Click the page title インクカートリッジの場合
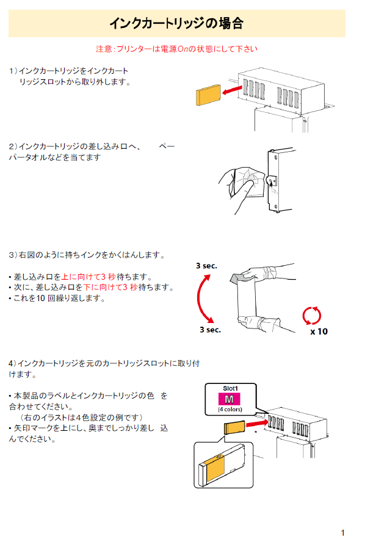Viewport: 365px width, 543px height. click(x=176, y=24)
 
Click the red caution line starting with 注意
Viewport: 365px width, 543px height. click(x=176, y=49)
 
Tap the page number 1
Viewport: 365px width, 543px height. click(x=343, y=533)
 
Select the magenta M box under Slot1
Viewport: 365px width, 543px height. click(x=229, y=399)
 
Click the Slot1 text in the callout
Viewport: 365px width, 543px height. click(x=230, y=389)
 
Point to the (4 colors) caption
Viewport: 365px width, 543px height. click(x=230, y=410)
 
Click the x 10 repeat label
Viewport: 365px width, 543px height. click(x=319, y=332)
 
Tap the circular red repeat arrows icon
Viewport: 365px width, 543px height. click(x=311, y=315)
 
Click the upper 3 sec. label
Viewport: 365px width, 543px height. click(x=206, y=266)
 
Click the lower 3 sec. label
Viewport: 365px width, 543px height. click(x=210, y=330)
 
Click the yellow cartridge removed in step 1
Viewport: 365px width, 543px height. click(x=209, y=94)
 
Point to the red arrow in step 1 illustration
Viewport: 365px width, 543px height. click(x=232, y=90)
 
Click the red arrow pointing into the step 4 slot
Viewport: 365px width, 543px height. click(x=258, y=423)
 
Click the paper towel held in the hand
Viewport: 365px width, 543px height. click(x=249, y=182)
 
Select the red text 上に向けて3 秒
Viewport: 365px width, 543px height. click(x=88, y=277)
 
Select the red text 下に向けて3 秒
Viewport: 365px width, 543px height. click(x=110, y=288)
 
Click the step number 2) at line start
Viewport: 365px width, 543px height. click(x=13, y=146)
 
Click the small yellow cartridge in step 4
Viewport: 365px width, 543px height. click(x=234, y=427)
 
